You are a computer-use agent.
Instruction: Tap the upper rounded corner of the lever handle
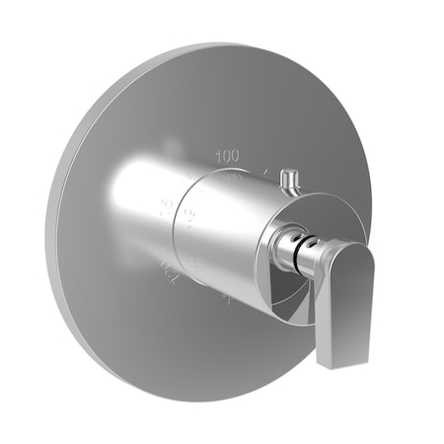[x=363, y=247]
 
